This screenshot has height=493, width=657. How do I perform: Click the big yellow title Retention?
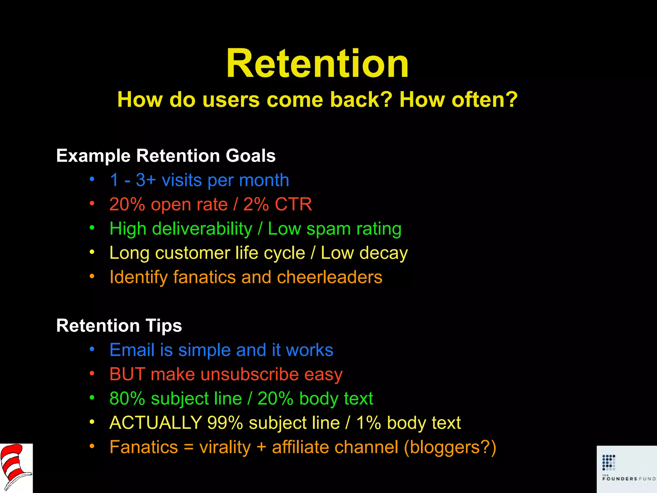point(317,64)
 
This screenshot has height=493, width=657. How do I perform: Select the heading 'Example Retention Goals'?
point(166,156)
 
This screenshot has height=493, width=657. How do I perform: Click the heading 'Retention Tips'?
point(119,325)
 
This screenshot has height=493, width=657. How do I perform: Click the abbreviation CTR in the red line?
point(293,204)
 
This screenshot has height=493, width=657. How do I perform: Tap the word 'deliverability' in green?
point(202,229)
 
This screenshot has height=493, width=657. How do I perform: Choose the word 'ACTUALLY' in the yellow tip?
point(156,423)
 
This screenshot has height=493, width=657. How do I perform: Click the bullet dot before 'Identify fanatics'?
point(92,277)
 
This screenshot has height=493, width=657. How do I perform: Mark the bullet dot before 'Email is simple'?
point(92,349)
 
